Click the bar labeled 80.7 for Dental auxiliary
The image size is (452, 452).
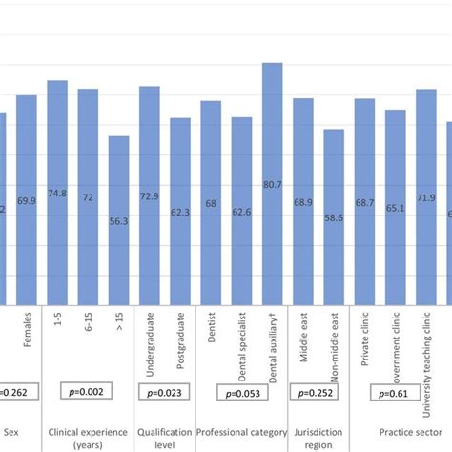point(272,181)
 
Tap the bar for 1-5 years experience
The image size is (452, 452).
point(57,191)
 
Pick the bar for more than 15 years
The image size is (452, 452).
point(118,219)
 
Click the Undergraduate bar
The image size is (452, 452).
point(150,195)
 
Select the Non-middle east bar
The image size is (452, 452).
point(334,216)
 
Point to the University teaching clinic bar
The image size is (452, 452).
point(425,195)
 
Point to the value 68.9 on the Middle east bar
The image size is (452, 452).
point(303,203)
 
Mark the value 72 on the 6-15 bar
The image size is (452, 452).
point(88,197)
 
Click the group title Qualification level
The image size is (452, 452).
point(165,438)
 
